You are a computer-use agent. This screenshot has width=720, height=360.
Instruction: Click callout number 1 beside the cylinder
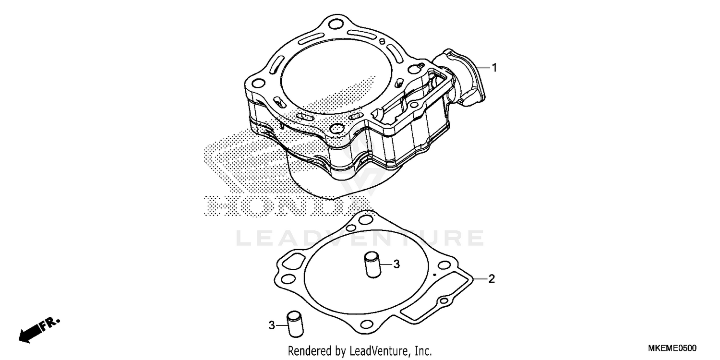click(495, 68)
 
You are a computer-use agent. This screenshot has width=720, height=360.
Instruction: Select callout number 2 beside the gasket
click(492, 279)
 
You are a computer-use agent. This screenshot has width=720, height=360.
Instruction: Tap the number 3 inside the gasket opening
click(396, 264)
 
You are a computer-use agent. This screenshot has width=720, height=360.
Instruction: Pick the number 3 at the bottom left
click(272, 325)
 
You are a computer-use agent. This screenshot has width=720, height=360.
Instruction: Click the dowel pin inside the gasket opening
click(372, 265)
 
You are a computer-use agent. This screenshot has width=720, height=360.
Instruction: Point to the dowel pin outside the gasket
click(295, 324)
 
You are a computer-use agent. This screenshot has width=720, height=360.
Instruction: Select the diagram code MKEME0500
click(672, 348)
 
